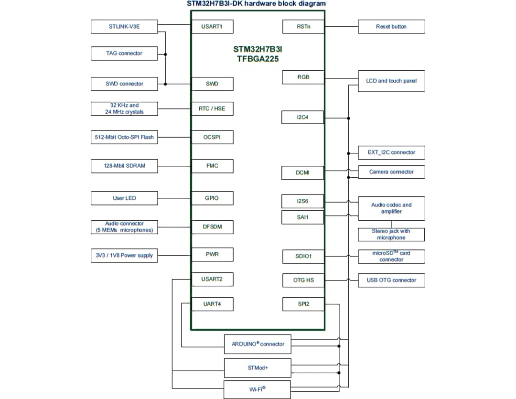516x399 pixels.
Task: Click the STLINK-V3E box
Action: [x=124, y=27]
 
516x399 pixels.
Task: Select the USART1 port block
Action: [x=212, y=27]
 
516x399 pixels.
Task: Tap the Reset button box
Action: [x=391, y=27]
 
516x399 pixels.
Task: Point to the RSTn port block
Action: [x=303, y=27]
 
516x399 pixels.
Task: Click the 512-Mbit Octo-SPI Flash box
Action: [x=124, y=138]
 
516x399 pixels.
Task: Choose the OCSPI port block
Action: [x=212, y=138]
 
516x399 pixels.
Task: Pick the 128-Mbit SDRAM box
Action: [x=124, y=166]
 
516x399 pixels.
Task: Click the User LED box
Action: [x=124, y=198]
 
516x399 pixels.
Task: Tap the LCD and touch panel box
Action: [x=391, y=81]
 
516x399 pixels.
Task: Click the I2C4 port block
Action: [x=303, y=117]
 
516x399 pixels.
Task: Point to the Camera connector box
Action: [x=391, y=172]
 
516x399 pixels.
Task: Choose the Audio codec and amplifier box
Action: [x=391, y=208]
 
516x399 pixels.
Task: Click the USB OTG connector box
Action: [x=391, y=280]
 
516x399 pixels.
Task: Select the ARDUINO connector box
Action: [x=258, y=344]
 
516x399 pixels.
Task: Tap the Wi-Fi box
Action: [x=258, y=389]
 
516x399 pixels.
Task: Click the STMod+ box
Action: [x=258, y=368]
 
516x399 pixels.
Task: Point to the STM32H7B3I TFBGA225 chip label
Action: [x=258, y=54]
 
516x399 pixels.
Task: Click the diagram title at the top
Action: [x=257, y=4]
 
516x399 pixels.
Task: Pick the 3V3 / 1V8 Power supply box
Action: [x=124, y=256]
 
